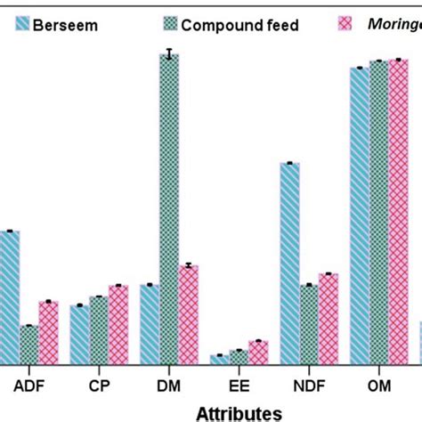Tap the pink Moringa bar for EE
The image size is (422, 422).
pos(258,352)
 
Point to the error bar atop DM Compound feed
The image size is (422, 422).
pos(168,54)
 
